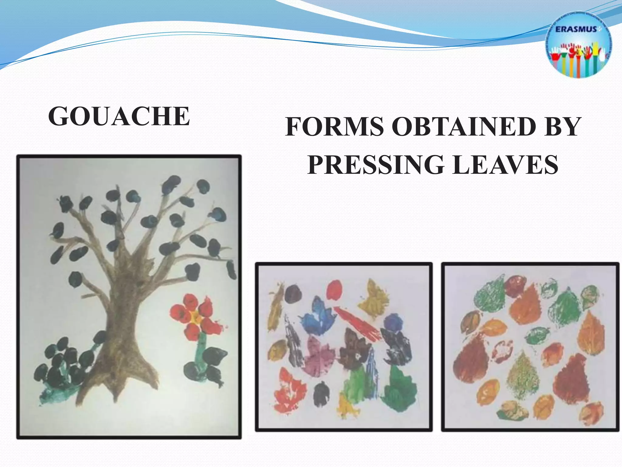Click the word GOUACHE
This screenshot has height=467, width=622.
tap(119, 116)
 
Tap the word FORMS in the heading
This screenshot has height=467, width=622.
tap(335, 127)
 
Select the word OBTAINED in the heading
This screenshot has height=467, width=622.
tap(463, 127)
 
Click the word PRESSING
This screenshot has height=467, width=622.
tap(375, 164)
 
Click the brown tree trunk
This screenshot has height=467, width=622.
tap(125, 328)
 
